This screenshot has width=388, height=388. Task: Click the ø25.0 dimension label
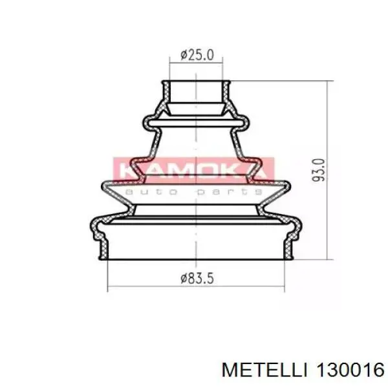pyautogui.click(x=196, y=55)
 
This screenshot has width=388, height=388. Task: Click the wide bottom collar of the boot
pyautogui.click(x=196, y=246)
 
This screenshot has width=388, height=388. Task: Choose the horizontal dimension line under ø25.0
pyautogui.click(x=196, y=63)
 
